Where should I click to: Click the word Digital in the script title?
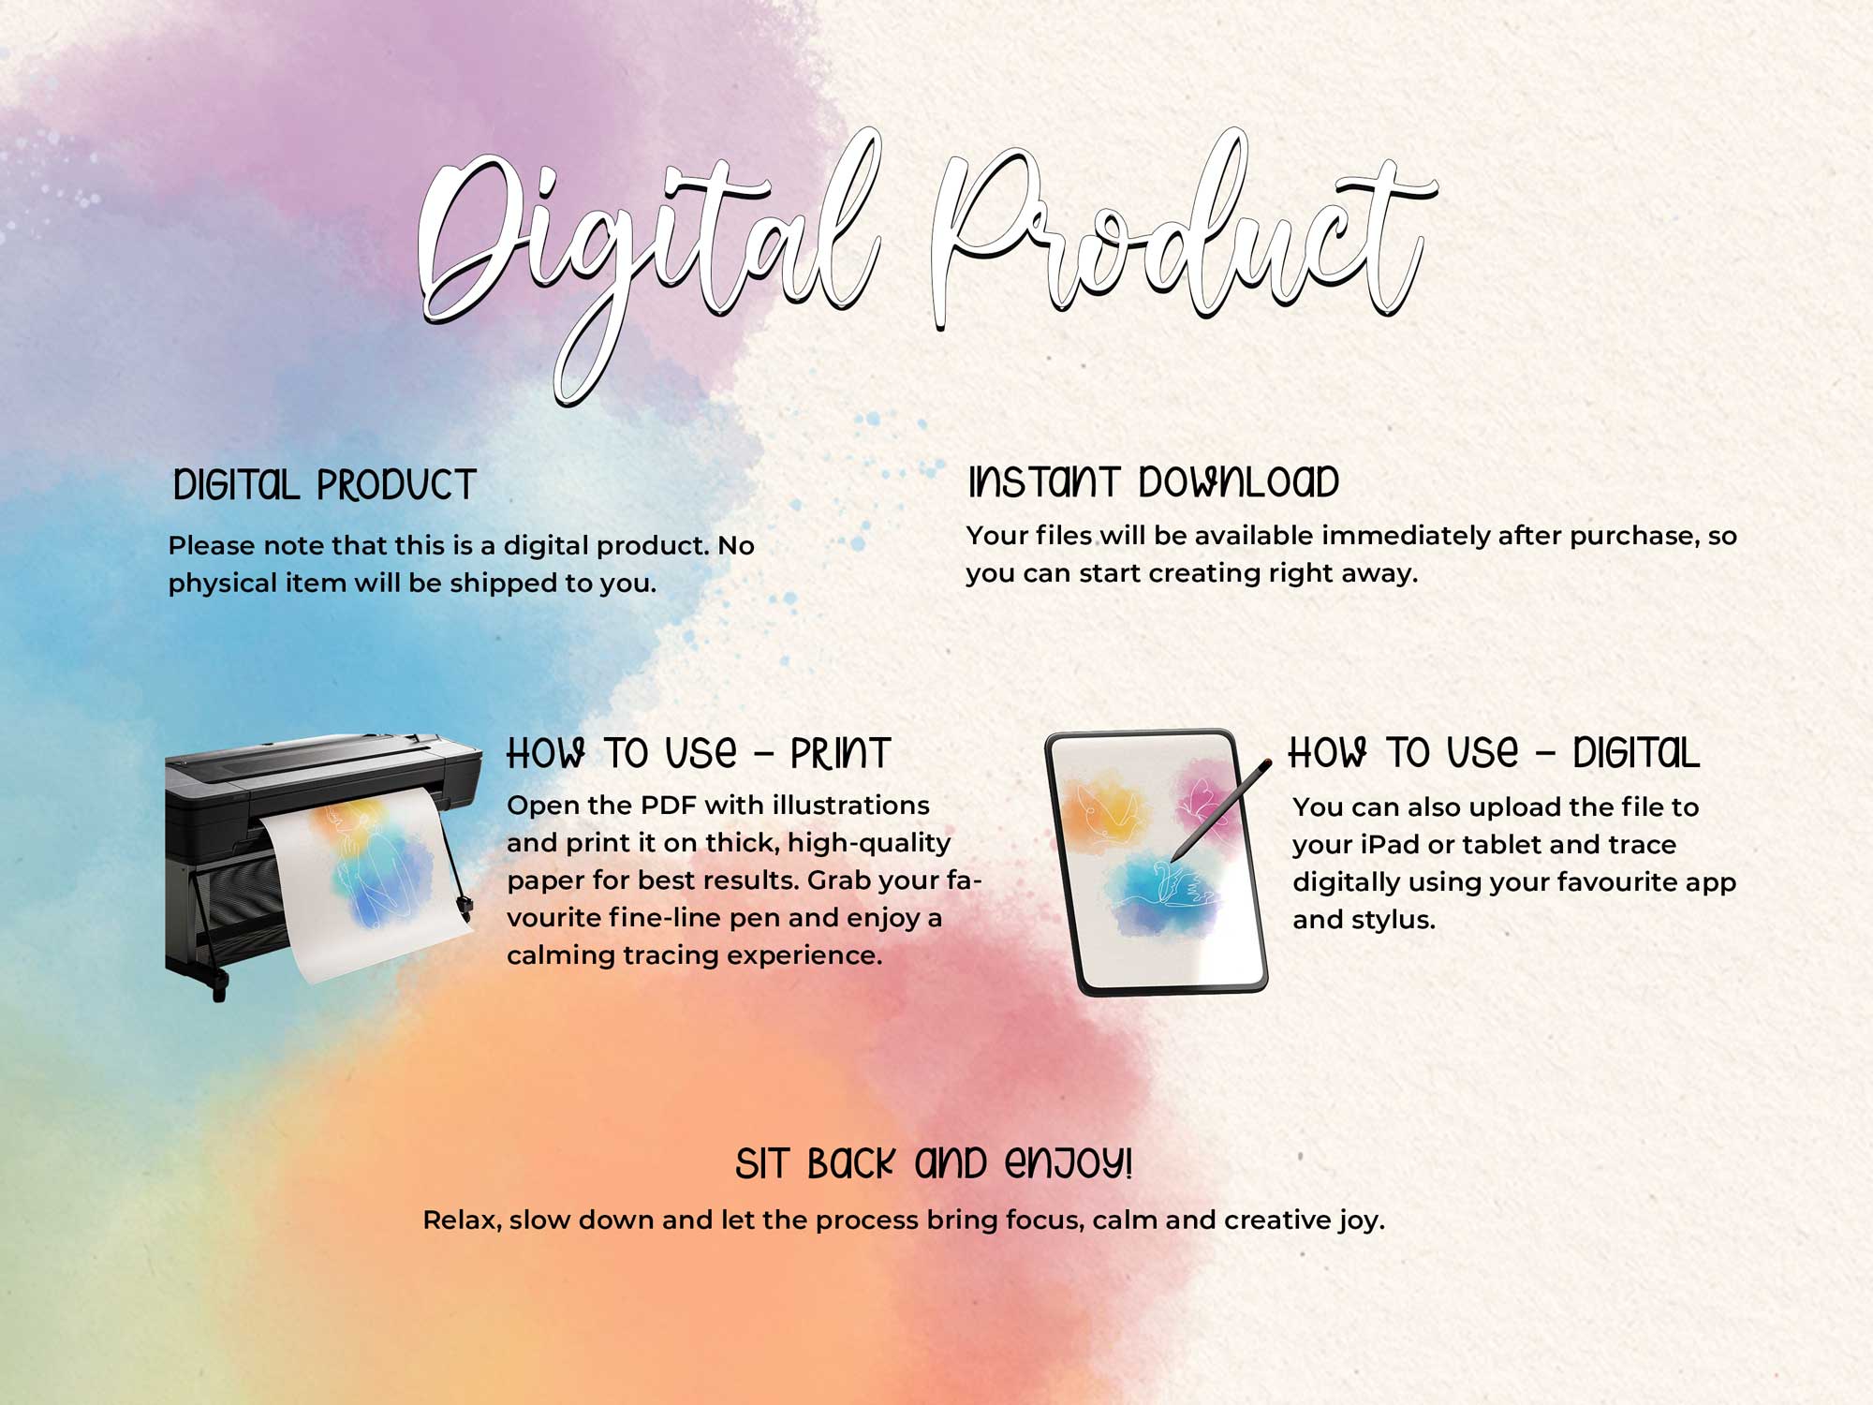pyautogui.click(x=646, y=253)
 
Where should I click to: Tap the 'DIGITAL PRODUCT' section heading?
pyautogui.click(x=325, y=485)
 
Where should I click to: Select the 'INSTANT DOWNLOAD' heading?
pyautogui.click(x=1154, y=481)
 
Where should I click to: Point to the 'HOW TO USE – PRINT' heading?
pyautogui.click(x=699, y=753)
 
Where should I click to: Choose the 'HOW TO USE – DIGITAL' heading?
pyautogui.click(x=1494, y=752)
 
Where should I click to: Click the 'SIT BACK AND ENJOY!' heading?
pyautogui.click(x=934, y=1163)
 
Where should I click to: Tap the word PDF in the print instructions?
pyautogui.click(x=669, y=806)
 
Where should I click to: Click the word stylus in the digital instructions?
pyautogui.click(x=1395, y=921)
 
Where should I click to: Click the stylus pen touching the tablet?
pyautogui.click(x=1221, y=810)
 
